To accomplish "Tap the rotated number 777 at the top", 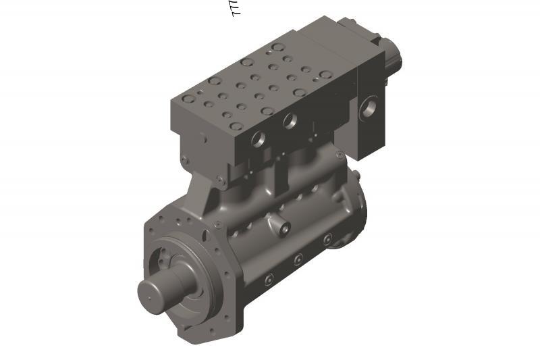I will click(x=236, y=8).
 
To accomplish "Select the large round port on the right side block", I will click(x=369, y=107).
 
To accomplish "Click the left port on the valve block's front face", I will click(x=259, y=139).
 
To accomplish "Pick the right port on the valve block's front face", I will click(x=290, y=122).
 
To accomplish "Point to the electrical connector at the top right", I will click(x=390, y=57).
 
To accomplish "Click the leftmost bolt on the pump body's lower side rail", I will click(x=269, y=278).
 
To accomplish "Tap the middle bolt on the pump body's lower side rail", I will click(x=298, y=258).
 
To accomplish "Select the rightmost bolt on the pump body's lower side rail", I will click(x=327, y=239).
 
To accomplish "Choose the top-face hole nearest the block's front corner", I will click(x=236, y=126).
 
